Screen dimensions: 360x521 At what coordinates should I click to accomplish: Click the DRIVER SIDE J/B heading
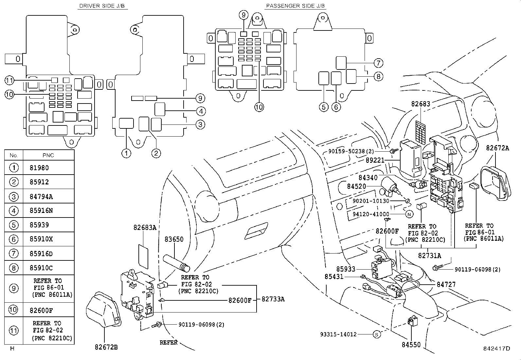[102, 6]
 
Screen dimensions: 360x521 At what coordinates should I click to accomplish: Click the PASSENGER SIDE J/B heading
[296, 6]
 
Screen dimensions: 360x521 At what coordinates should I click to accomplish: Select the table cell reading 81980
[39, 168]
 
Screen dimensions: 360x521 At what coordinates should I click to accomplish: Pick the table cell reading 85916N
[41, 211]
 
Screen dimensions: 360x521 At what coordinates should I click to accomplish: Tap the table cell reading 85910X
[41, 239]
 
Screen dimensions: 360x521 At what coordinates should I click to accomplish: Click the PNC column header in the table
[48, 155]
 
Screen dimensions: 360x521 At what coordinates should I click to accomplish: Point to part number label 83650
[174, 239]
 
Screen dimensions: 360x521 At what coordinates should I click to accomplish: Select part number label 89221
[375, 160]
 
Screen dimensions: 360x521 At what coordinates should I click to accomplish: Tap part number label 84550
[411, 345]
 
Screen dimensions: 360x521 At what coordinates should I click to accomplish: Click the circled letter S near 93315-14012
[377, 334]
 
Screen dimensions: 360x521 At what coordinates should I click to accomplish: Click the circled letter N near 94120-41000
[409, 214]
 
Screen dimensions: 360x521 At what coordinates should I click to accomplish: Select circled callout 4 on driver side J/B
[201, 111]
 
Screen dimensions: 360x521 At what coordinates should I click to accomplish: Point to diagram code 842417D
[497, 348]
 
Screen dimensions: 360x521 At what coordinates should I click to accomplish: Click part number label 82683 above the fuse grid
[421, 104]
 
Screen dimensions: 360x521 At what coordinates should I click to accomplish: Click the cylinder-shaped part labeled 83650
[177, 264]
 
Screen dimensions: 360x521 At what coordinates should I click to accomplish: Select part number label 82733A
[273, 299]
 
